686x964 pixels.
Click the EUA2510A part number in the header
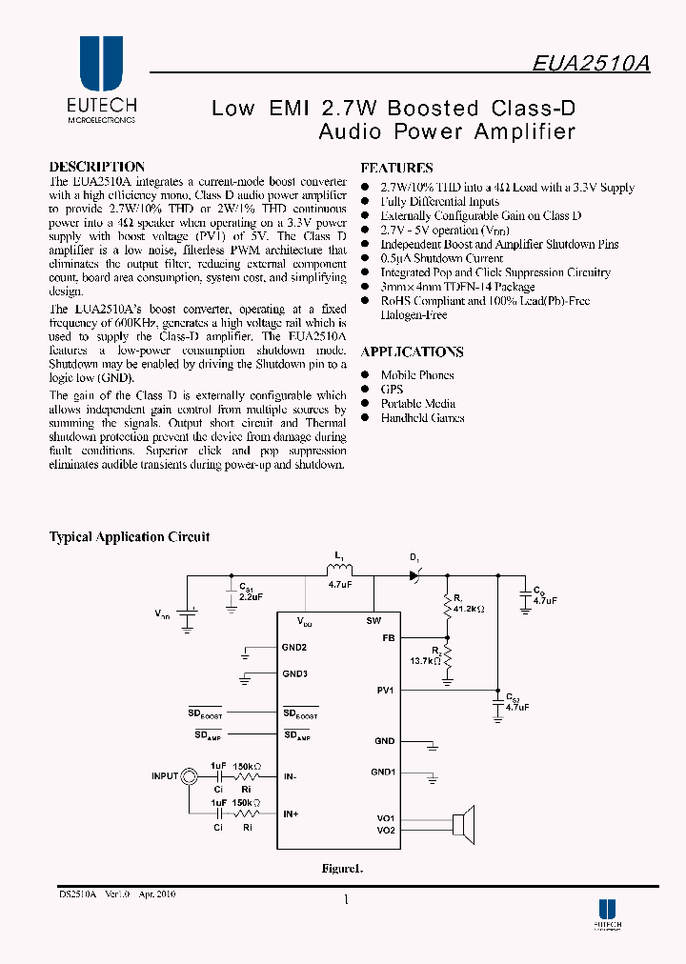591,63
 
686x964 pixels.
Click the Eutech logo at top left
101,80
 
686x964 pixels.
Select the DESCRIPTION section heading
96,167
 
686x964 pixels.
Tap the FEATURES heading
396,168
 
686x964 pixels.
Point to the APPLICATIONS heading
412,352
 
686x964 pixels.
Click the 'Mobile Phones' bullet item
416,375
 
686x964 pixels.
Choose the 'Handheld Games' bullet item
422,418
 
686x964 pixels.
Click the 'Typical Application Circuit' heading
129,537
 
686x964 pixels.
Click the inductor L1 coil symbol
339,572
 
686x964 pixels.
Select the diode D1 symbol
414,575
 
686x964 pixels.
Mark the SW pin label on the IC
373,621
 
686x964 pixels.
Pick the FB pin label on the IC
388,637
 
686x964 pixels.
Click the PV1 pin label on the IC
385,690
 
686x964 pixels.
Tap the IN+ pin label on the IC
291,814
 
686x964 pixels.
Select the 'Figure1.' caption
343,869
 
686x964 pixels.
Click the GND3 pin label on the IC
294,674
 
